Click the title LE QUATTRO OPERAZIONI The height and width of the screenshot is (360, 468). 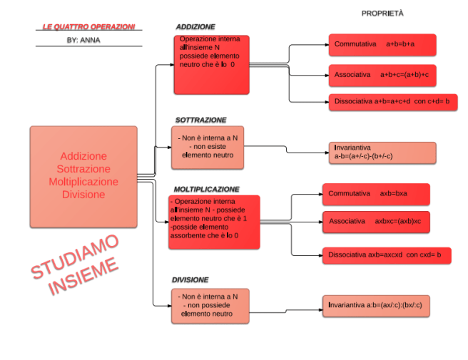88,27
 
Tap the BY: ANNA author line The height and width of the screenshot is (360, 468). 83,41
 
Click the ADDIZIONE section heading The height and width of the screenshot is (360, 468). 195,27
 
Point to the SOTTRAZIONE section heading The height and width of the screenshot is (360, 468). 201,120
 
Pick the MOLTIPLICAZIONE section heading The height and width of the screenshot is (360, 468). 207,190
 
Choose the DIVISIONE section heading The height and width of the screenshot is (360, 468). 190,279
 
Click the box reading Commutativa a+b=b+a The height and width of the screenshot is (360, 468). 382,45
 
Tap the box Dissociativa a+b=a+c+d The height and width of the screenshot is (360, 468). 392,102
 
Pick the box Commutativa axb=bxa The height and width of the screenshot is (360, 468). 375,194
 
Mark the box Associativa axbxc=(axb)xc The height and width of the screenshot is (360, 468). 375,222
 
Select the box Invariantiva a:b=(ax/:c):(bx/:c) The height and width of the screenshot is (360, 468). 378,305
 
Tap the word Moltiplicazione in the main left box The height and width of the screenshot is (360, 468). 83,182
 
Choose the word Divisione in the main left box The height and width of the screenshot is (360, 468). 83,195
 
